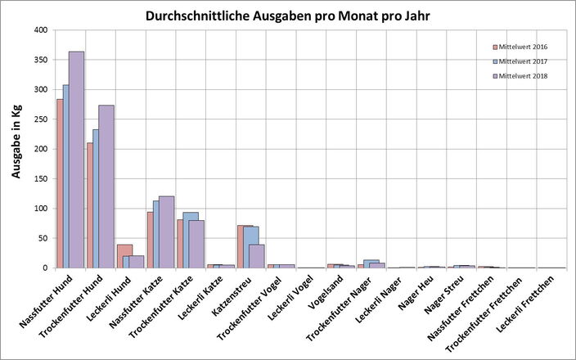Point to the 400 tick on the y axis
(39, 30)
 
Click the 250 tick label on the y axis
(39, 119)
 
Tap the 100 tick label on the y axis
(39, 209)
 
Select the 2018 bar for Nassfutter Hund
(76, 160)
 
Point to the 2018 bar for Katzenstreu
(256, 256)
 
